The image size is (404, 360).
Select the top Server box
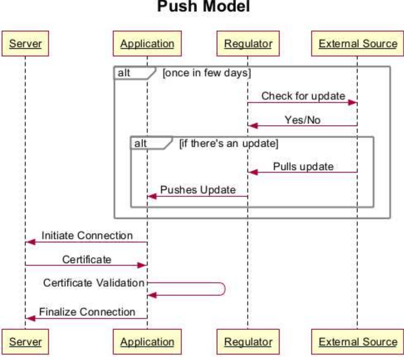pyautogui.click(x=25, y=44)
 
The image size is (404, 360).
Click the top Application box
pyautogui.click(x=147, y=44)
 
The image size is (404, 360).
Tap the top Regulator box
pyautogui.click(x=248, y=44)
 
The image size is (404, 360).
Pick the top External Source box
pyautogui.click(x=358, y=44)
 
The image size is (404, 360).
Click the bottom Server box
pyautogui.click(x=25, y=342)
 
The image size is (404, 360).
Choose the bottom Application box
pyautogui.click(x=147, y=342)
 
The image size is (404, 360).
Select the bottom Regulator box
pyautogui.click(x=248, y=342)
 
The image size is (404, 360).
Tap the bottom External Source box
pyautogui.click(x=358, y=342)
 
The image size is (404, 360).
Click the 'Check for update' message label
pyautogui.click(x=303, y=96)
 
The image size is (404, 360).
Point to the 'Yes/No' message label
pyautogui.click(x=302, y=120)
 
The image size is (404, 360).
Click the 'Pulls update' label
pyautogui.click(x=303, y=167)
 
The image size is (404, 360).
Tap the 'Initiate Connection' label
pyautogui.click(x=87, y=236)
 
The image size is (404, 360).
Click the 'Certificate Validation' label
pyautogui.click(x=94, y=283)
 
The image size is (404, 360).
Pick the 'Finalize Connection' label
pyautogui.click(x=87, y=312)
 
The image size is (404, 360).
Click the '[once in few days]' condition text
pyautogui.click(x=207, y=73)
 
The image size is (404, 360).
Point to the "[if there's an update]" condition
pyautogui.click(x=229, y=143)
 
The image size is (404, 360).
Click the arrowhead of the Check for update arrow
pyautogui.click(x=353, y=103)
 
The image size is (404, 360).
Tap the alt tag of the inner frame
pyautogui.click(x=141, y=143)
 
